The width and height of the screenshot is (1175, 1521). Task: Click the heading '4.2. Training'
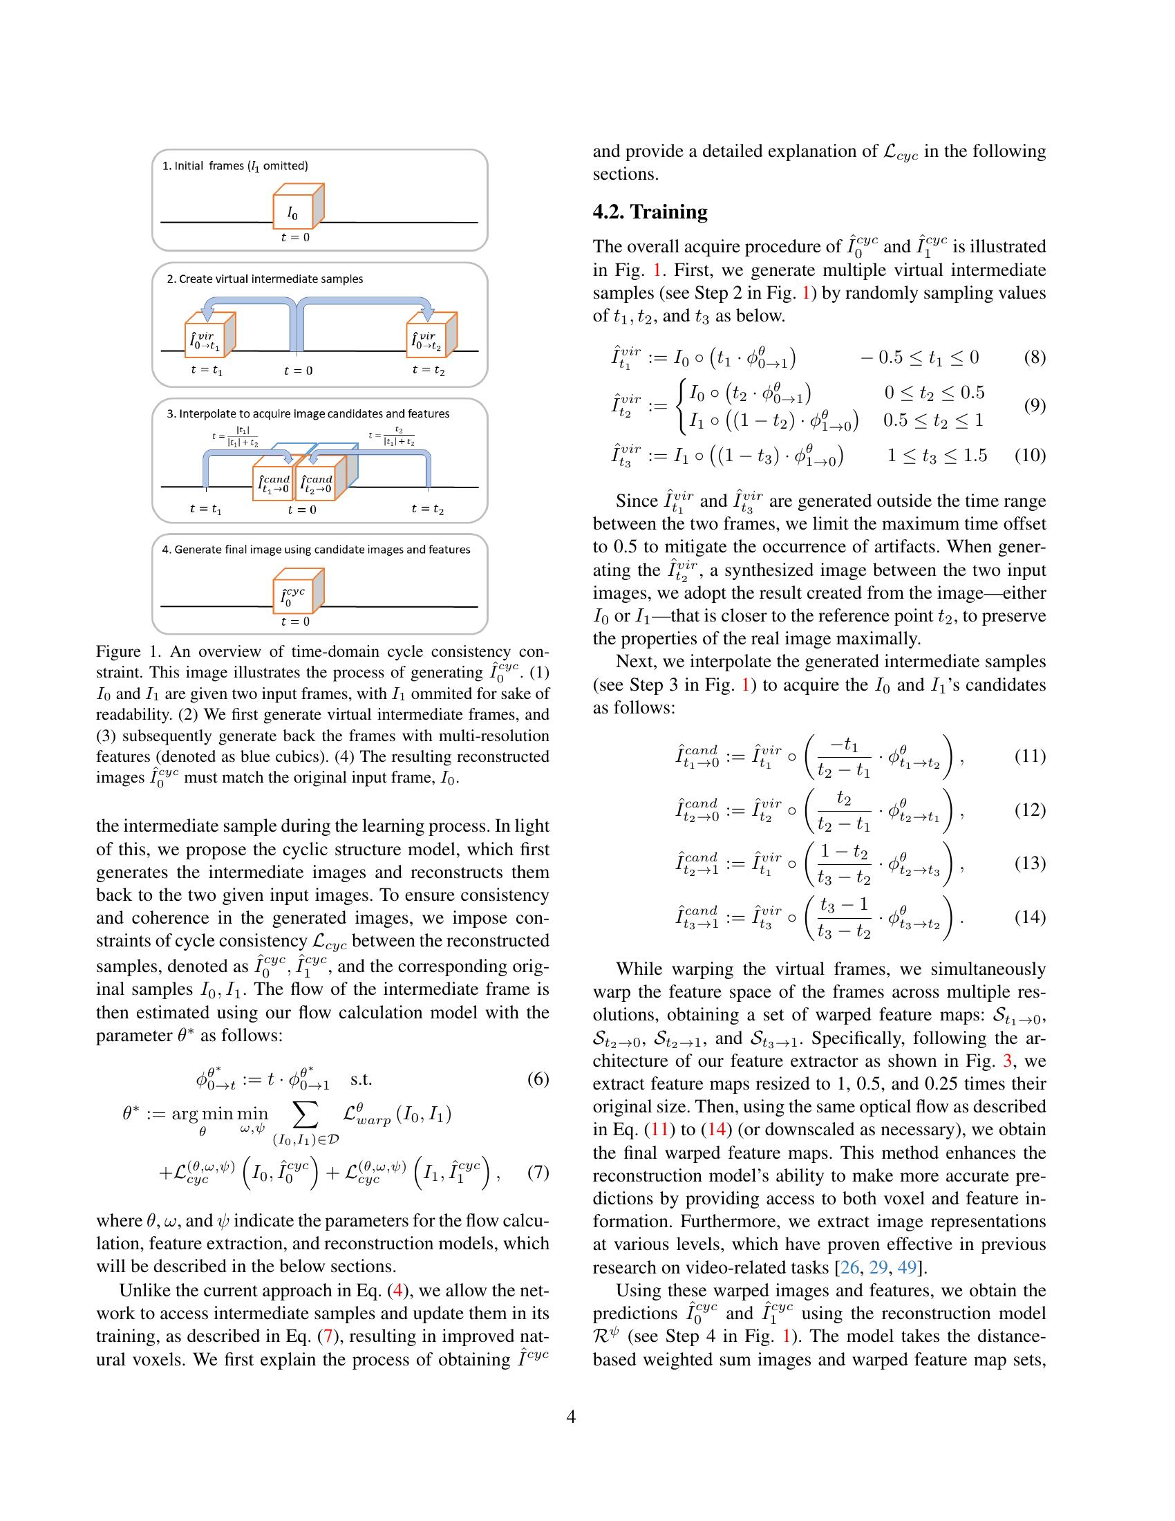pos(650,212)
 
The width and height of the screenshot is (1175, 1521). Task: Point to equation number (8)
pos(1035,358)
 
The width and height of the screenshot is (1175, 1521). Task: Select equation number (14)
pos(1031,917)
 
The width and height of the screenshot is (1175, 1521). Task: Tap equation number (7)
pos(537,1171)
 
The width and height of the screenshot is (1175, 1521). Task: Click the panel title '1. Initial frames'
pos(234,166)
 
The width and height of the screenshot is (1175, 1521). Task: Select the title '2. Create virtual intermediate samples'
pos(265,279)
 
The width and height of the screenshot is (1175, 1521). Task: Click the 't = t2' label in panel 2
pos(428,371)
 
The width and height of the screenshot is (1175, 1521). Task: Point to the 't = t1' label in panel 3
pos(206,509)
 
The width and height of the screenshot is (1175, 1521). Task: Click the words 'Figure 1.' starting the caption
pos(128,651)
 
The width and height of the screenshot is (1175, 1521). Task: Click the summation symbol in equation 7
pos(307,1115)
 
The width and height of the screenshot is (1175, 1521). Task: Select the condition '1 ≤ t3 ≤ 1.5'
pos(937,456)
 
